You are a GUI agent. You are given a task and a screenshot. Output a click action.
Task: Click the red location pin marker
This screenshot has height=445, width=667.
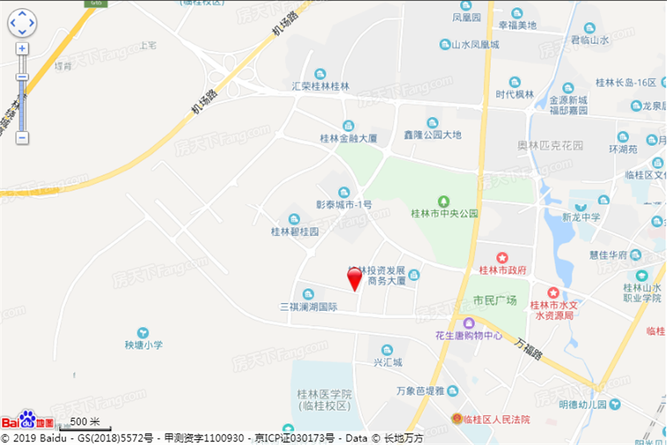tap(355, 278)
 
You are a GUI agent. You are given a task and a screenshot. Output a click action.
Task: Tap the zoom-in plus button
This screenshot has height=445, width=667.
tap(22, 48)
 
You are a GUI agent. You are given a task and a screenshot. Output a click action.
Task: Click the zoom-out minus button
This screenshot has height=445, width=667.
tap(22, 137)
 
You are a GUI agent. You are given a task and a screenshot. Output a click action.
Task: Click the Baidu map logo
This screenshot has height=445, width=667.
tap(27, 420)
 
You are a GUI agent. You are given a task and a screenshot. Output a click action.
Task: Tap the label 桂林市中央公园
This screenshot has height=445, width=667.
tap(445, 214)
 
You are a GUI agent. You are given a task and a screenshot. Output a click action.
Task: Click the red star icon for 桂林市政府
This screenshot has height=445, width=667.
tap(502, 257)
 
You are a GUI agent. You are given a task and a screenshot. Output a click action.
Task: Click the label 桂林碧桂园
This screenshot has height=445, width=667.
tap(294, 231)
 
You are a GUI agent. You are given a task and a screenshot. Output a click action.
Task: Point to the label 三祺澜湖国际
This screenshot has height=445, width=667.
tap(308, 306)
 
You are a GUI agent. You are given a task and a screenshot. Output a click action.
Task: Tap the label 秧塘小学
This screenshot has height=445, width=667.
tap(143, 345)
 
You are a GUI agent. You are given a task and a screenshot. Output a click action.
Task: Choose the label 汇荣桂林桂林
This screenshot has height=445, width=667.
tap(320, 86)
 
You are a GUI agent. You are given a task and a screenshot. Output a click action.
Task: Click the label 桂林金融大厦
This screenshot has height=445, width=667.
tap(348, 138)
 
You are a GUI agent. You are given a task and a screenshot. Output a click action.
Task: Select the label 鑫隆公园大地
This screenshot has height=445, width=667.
tap(433, 134)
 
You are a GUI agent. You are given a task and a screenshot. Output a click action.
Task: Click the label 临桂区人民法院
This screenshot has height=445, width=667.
tap(496, 420)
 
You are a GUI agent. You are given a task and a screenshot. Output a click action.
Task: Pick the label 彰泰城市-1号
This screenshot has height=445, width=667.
tap(344, 203)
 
